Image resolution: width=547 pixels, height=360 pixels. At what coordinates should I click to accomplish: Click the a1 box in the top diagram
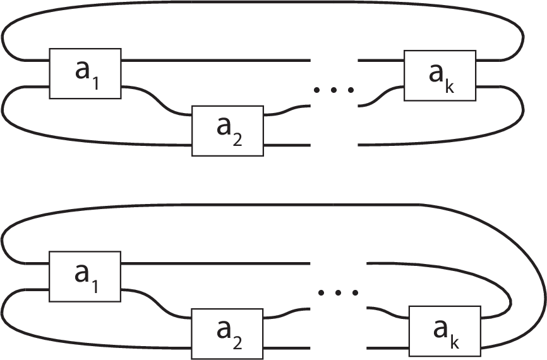(85, 74)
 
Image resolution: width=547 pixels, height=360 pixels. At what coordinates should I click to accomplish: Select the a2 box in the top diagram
(228, 131)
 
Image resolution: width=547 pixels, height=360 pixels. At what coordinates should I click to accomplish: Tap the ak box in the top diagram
(440, 76)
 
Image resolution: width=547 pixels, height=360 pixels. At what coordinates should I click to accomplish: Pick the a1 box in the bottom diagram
(85, 276)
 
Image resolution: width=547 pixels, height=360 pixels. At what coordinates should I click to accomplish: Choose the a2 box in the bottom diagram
(227, 334)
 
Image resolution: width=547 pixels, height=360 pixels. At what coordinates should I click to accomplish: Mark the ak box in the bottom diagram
(445, 332)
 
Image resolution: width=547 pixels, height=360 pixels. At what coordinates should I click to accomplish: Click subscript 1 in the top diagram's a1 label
(95, 84)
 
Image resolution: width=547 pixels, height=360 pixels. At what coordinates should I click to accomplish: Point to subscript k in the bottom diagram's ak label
(455, 342)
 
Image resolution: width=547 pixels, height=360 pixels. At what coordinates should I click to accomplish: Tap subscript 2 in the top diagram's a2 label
(237, 140)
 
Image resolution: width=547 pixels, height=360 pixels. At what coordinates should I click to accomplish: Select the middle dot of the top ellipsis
(334, 90)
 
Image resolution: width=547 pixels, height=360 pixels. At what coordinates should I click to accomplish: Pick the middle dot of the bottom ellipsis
(338, 293)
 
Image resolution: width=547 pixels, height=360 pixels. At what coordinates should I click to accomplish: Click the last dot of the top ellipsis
(351, 90)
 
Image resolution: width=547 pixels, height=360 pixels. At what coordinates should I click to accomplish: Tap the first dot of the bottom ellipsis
(321, 293)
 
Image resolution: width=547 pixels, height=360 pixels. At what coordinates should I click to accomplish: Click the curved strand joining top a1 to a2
(157, 100)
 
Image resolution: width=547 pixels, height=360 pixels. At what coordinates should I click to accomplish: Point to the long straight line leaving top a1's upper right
(216, 61)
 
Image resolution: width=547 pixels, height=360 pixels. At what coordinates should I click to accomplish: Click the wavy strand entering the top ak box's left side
(381, 96)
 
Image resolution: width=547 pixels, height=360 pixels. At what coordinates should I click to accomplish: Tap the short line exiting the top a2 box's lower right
(287, 145)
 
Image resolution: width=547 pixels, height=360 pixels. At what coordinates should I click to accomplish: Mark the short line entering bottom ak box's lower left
(388, 348)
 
